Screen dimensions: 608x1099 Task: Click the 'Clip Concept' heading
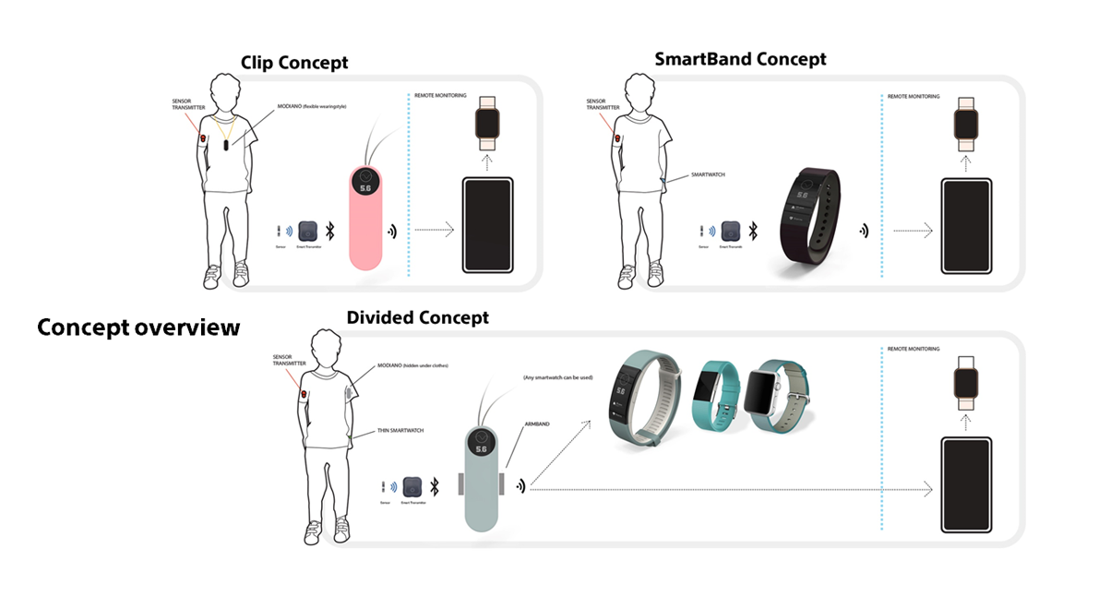point(294,63)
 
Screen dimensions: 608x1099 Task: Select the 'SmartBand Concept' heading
point(740,59)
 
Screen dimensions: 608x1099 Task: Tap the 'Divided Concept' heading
point(417,317)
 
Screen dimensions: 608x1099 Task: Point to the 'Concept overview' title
point(138,328)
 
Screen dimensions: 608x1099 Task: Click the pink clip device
point(365,217)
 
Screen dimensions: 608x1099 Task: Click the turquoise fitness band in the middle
point(717,393)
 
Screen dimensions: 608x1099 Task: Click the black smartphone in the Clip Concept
point(486,224)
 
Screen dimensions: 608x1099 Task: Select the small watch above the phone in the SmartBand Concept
point(965,123)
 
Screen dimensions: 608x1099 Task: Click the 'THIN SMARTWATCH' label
point(399,430)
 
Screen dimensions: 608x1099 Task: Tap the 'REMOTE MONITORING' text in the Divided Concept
point(914,349)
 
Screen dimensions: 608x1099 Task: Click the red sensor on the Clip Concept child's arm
point(204,139)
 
